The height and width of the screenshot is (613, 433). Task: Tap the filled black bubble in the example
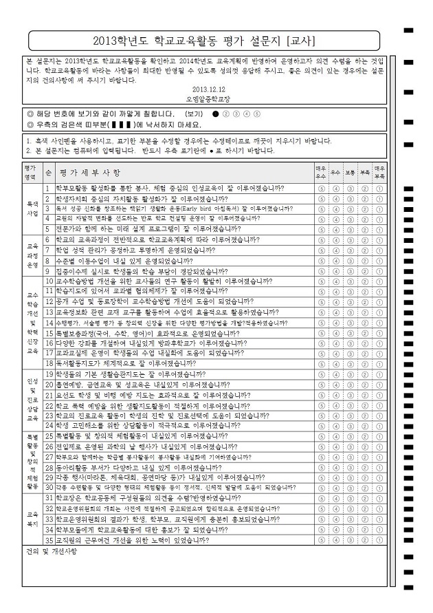click(215, 114)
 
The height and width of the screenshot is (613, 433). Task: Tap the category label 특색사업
click(32, 209)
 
